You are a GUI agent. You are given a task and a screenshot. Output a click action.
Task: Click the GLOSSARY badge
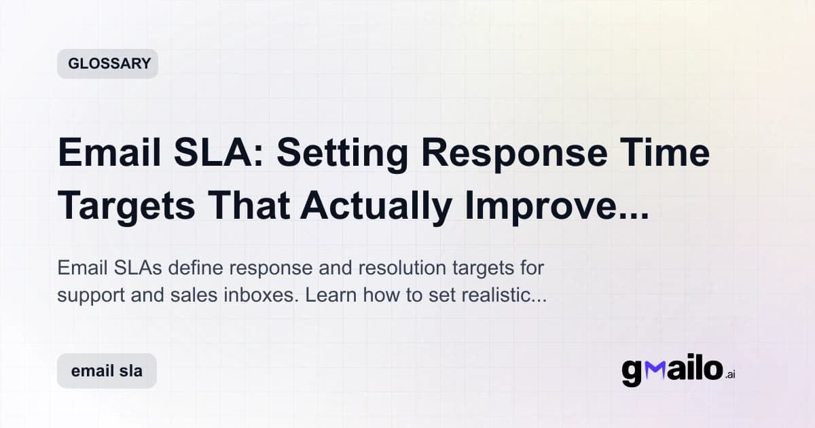pyautogui.click(x=108, y=64)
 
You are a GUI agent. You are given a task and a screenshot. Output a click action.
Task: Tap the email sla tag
pyautogui.click(x=107, y=372)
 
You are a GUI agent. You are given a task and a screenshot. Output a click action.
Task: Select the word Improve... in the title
pyautogui.click(x=557, y=208)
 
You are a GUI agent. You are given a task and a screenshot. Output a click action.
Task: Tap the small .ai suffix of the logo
pyautogui.click(x=730, y=374)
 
